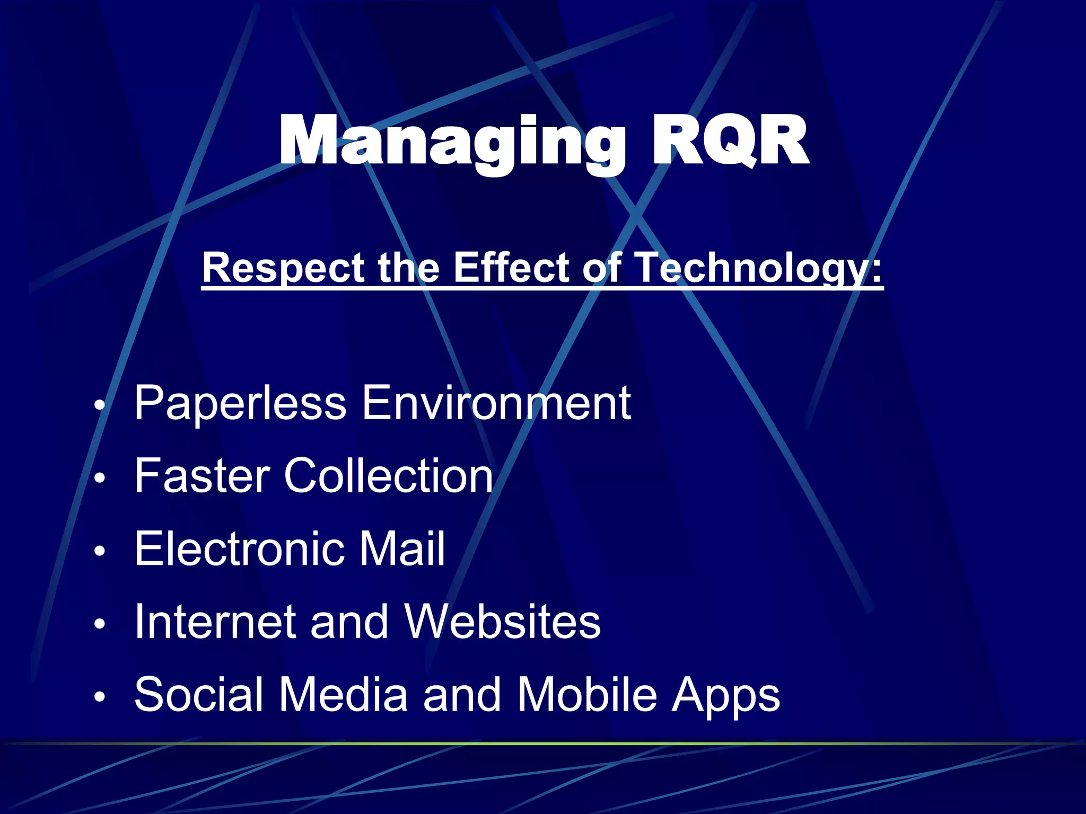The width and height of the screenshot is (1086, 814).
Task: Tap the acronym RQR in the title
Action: pyautogui.click(x=730, y=142)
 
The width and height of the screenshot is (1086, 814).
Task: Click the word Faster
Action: pyautogui.click(x=202, y=475)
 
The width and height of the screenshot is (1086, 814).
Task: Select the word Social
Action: pyautogui.click(x=199, y=694)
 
